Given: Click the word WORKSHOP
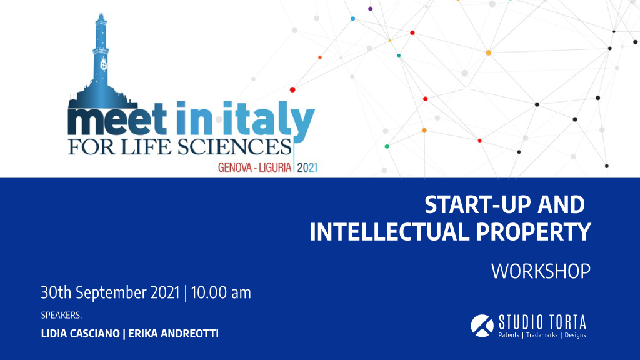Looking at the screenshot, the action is pos(541,271).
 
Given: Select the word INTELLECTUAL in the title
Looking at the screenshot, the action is pos(389,232).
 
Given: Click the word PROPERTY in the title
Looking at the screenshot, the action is pos(533,232).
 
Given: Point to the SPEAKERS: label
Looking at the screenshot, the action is pos(61,316).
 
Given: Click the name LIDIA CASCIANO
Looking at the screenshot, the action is pos(81,334).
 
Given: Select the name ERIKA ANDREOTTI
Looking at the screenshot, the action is pos(174,334).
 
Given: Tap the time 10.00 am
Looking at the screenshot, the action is pos(221,292).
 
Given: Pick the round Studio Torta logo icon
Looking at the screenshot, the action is pos(482,326).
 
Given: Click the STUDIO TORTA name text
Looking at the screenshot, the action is pos(542,322).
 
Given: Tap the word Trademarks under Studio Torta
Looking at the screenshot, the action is pos(542,335).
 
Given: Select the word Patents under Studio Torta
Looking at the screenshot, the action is pos(509,335).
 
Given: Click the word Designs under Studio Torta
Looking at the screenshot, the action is pos(575,335).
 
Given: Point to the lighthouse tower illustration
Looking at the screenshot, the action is pos(101,61).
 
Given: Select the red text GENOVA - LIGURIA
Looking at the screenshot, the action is pos(255,167).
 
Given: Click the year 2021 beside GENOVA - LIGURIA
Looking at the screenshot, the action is pos(307,167).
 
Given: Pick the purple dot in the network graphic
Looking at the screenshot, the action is pos(370,9).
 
